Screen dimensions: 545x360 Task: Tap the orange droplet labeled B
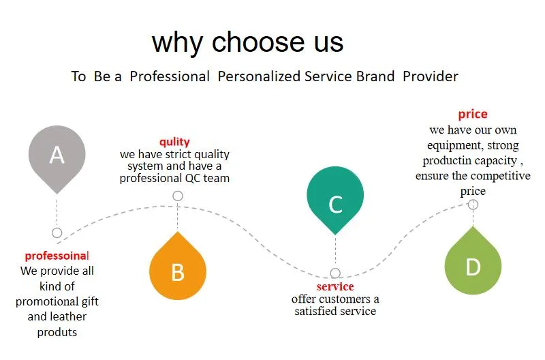[x=178, y=267]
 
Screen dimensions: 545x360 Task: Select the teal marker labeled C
[x=335, y=198]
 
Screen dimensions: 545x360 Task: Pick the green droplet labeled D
[x=473, y=262]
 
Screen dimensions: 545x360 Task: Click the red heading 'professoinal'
[x=57, y=256]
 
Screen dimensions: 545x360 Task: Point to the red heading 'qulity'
[x=174, y=142]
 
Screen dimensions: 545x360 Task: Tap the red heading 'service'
[x=335, y=286]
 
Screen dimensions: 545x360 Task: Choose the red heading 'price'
[x=473, y=114]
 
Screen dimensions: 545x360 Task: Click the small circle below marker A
[x=57, y=232]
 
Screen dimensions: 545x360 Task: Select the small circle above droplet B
[x=178, y=196]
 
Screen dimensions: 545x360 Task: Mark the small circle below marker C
[x=335, y=273]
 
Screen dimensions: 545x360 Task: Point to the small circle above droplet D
[x=473, y=205]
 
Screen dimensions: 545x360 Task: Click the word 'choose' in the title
[x=258, y=42]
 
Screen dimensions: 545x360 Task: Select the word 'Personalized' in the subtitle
[x=259, y=76]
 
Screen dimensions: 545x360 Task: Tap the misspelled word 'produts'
[x=57, y=332]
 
